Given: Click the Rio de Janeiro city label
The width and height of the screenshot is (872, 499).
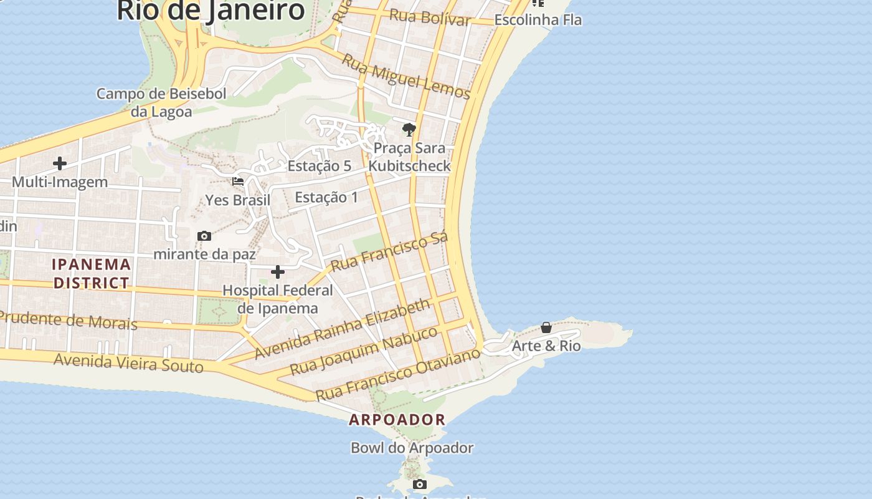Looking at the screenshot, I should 211,11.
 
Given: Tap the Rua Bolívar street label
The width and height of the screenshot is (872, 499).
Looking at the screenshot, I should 430,17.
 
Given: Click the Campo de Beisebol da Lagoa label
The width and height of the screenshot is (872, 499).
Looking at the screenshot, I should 161,102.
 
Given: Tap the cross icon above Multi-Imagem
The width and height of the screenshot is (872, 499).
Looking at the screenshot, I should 60,163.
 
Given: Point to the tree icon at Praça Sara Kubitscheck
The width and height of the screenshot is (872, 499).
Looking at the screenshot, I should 409,130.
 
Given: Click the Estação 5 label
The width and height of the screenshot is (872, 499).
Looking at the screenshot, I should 320,166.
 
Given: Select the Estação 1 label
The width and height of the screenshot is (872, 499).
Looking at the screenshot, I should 326,197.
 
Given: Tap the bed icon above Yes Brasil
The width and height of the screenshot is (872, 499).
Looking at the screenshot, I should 238,182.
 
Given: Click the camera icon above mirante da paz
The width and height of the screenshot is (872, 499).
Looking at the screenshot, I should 204,236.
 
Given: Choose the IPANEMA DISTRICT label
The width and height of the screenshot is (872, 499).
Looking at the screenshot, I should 92,273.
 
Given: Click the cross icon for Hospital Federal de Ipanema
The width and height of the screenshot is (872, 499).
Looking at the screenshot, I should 278,271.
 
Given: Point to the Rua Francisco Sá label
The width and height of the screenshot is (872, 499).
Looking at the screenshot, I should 389,252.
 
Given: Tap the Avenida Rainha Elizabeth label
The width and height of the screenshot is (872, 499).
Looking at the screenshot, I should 343,328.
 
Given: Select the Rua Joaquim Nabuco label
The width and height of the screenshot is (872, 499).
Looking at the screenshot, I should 364,350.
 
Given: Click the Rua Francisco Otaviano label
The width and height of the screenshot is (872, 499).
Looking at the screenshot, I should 398,375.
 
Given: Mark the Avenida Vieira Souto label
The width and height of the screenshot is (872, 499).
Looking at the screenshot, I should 128,362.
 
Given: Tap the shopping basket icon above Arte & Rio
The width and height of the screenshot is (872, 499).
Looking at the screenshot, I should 546,327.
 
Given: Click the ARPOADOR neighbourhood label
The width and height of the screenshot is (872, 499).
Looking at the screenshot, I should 397,420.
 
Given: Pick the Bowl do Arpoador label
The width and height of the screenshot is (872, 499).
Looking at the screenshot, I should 412,448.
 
